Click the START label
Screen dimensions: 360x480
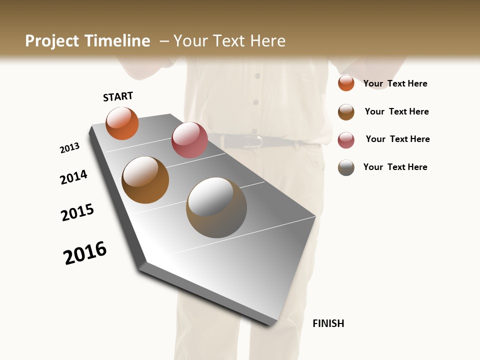118,96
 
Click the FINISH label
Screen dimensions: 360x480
328,323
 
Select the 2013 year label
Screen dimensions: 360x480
69,148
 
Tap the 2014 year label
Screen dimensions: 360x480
73,177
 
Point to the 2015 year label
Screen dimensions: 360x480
77,212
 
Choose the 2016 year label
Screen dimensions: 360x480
85,253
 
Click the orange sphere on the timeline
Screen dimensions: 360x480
122,123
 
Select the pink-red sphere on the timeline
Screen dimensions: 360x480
189,140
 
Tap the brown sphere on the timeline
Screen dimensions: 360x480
145,180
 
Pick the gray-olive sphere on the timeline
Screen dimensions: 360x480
216,207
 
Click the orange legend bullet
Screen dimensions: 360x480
346,83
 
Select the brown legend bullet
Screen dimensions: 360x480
346,112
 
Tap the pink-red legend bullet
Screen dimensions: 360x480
346,140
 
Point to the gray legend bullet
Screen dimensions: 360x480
346,167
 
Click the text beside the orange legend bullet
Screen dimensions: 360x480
395,83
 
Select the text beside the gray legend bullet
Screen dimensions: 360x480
395,167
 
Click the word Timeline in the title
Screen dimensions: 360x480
117,41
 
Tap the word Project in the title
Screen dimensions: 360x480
51,41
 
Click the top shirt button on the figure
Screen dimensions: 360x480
257,76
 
